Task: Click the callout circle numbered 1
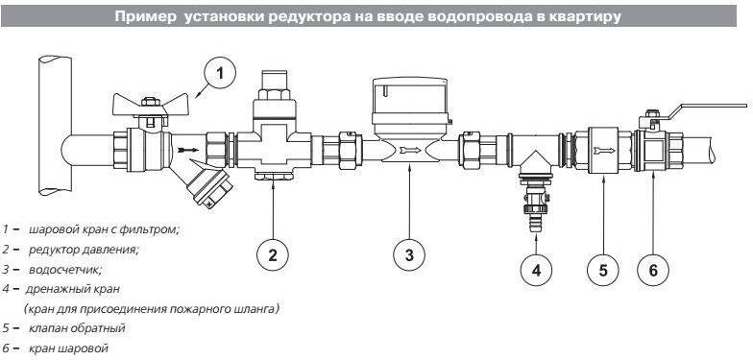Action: (219, 75)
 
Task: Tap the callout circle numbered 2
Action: (273, 255)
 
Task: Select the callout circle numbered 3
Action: (409, 255)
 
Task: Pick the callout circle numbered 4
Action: (536, 270)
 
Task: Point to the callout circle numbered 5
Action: (603, 270)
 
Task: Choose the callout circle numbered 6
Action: (653, 270)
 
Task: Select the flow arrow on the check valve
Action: (603, 150)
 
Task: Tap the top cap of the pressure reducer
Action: (273, 79)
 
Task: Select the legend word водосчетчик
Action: (65, 270)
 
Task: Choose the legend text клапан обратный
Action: (77, 328)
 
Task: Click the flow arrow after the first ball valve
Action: (188, 150)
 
